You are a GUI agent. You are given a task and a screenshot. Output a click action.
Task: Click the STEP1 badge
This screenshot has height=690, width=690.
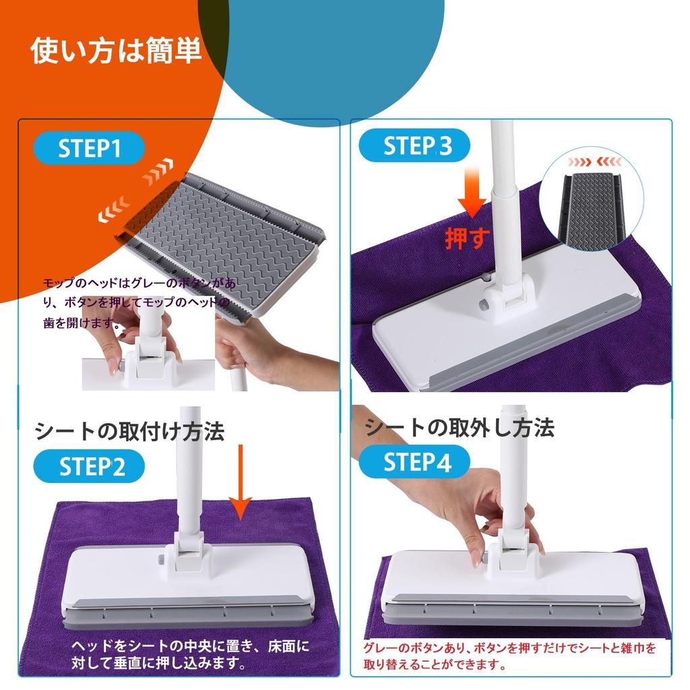point(89,149)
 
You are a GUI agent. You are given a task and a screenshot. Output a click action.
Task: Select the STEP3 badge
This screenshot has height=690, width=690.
point(413,146)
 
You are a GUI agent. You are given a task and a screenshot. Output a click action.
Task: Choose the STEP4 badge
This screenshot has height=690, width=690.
point(414,462)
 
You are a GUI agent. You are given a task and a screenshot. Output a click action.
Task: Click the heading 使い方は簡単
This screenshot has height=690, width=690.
point(116,52)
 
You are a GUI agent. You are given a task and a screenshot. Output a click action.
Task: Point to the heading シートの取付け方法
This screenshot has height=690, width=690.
point(129,431)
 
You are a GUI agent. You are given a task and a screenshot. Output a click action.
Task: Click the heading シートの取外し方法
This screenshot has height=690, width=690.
point(460,427)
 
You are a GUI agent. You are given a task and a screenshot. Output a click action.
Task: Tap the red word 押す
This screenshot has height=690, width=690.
point(465,238)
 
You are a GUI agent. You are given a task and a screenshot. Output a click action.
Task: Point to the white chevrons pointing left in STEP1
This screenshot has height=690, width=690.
point(114,211)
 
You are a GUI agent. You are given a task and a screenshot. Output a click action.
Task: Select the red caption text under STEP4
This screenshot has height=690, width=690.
point(509,656)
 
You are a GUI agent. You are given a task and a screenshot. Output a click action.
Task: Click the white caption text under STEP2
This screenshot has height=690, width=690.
point(190,655)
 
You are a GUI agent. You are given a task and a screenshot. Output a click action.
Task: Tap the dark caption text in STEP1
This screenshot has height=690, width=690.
point(138,303)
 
